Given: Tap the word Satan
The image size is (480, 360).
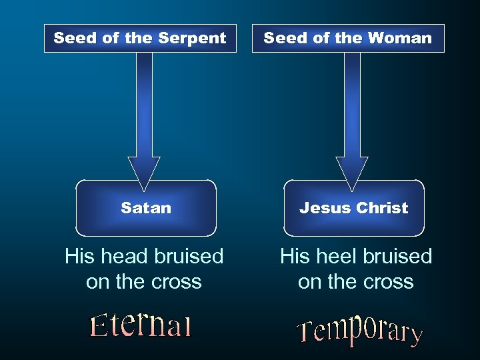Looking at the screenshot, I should pos(146,208).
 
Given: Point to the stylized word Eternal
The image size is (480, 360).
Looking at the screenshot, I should pos(141,325).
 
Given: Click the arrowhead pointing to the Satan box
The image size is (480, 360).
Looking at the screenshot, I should pos(144,170).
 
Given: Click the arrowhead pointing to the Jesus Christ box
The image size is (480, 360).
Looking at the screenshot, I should pos(352,170).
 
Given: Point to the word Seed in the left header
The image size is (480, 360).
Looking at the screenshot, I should pos(75,39).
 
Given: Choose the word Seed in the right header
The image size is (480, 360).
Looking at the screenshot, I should pos(285,39).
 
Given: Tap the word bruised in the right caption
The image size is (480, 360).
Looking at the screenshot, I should pos(398,256).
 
